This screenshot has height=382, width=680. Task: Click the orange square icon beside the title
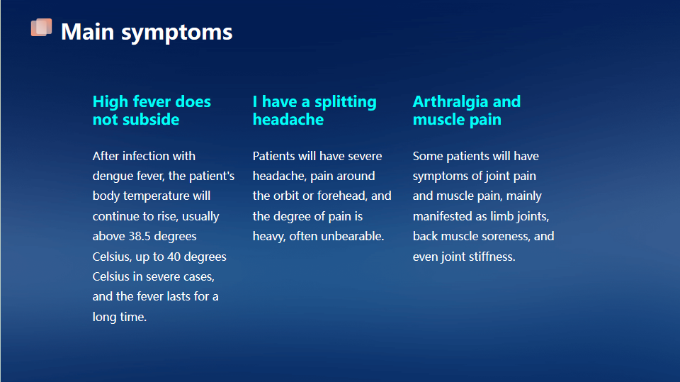(x=41, y=28)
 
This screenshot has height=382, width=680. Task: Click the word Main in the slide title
(x=88, y=32)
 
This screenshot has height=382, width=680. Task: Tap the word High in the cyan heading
(x=110, y=102)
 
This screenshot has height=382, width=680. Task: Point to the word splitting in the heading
(x=345, y=102)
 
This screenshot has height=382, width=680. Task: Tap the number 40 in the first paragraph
(x=174, y=257)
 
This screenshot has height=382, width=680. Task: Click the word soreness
(x=502, y=236)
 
